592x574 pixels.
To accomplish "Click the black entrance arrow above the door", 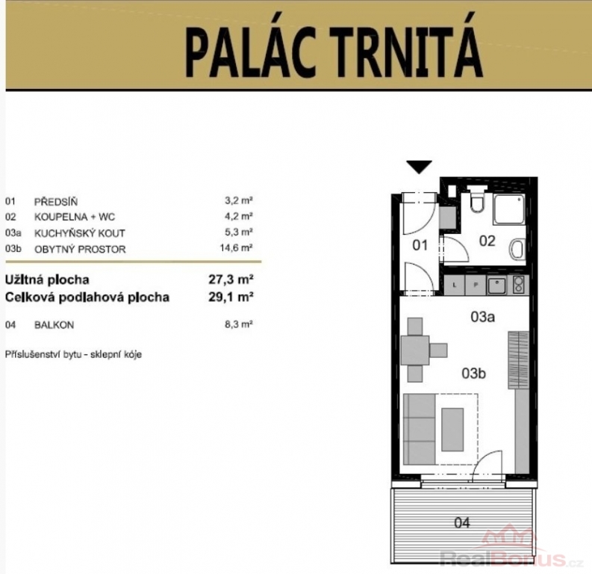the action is [420, 167].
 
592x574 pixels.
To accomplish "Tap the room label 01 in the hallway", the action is [420, 245].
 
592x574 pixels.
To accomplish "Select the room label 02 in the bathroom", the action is [487, 241].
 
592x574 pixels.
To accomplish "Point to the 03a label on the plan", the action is [482, 317].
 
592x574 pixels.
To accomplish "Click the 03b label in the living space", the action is [473, 374].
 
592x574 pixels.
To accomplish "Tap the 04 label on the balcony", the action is [462, 523].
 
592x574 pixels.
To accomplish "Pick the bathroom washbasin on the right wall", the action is [517, 250].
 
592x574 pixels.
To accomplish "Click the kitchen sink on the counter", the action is [496, 286].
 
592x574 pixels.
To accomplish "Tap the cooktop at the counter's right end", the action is [519, 285].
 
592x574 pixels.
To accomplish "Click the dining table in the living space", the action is [415, 351].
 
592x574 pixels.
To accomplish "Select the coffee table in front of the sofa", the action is [452, 429].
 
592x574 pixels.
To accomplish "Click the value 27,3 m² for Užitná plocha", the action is [231, 280].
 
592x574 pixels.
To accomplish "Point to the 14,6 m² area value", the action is [236, 248].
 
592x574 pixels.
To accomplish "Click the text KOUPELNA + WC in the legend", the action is [75, 217].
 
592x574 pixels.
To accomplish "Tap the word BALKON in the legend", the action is [54, 325].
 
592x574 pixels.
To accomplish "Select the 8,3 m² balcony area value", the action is [239, 324].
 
